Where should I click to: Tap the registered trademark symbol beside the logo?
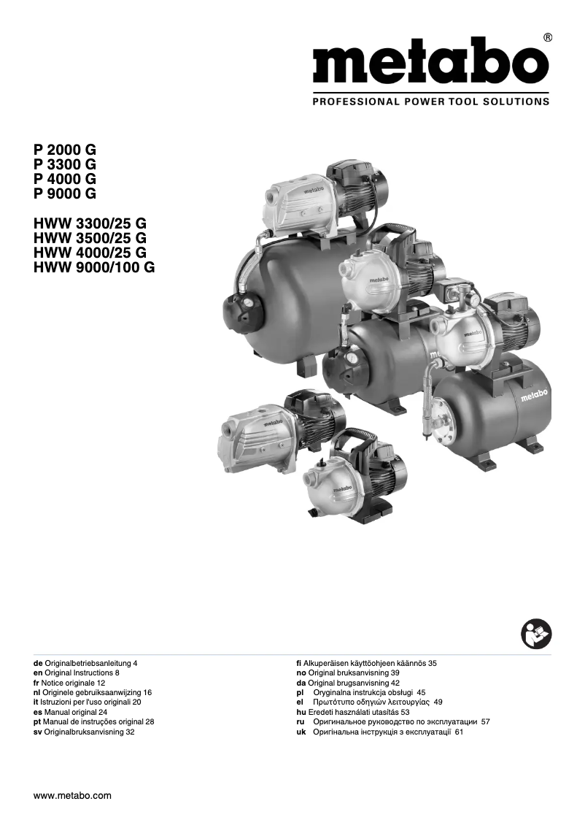click(x=548, y=37)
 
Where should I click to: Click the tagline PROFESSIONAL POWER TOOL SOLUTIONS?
click(x=430, y=101)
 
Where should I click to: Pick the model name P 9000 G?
click(x=65, y=193)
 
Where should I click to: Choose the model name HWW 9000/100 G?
click(x=94, y=267)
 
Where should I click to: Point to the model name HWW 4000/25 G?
click(x=90, y=253)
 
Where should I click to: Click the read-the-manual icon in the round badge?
click(x=537, y=632)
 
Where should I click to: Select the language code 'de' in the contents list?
click(x=38, y=663)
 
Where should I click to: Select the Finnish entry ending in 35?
click(x=362, y=663)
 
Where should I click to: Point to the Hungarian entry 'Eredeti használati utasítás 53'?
click(x=349, y=711)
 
